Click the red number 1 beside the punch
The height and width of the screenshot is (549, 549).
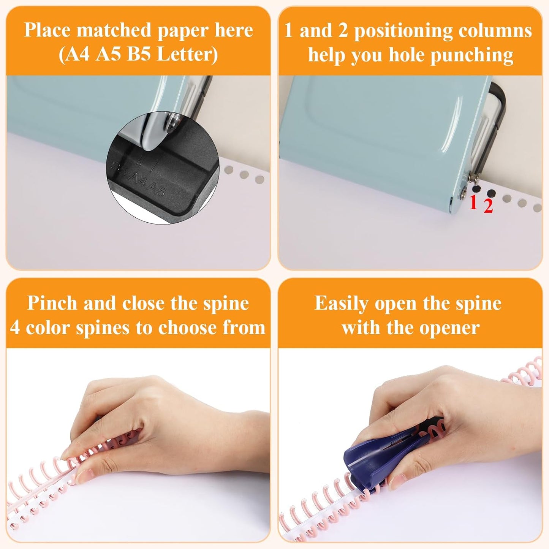473,203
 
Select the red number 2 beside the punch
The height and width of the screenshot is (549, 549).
488,206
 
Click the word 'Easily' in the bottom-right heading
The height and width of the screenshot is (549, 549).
342,303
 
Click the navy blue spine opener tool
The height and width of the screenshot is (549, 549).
384,452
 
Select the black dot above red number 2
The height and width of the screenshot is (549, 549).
491,193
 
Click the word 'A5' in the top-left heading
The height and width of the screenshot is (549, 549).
108,54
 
